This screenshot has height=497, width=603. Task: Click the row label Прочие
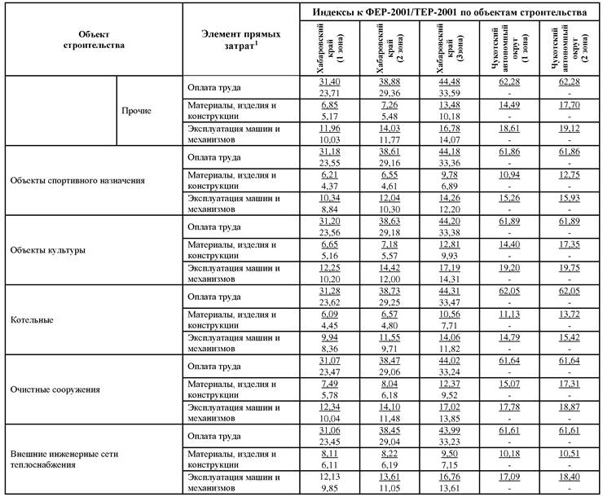(x=136, y=111)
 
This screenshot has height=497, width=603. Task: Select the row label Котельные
(x=33, y=320)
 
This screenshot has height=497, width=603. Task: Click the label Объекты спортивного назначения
(x=77, y=180)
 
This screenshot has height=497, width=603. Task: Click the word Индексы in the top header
(x=351, y=13)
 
